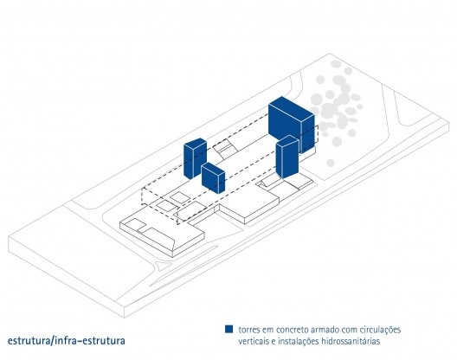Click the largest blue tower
291,124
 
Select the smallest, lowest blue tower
213,177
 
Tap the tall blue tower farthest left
195,158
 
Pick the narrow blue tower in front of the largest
287,157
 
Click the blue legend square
228,329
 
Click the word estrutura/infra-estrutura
67,341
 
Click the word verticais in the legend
254,341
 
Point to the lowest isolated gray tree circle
331,163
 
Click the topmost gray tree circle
337,64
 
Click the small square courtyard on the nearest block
132,224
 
